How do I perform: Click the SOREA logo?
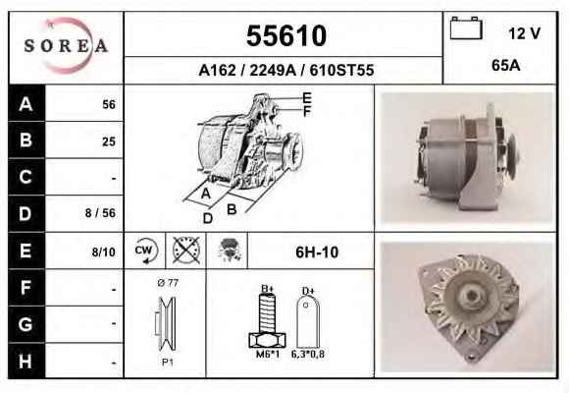(x=66, y=45)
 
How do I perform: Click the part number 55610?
(x=286, y=35)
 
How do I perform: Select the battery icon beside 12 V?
(x=466, y=28)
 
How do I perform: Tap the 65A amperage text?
(x=506, y=66)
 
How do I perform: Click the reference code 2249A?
(x=273, y=70)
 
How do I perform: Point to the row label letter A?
(x=26, y=104)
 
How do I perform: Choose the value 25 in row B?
(x=109, y=141)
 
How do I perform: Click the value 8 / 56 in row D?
(x=100, y=213)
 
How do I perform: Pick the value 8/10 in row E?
(x=103, y=252)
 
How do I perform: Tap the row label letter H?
(x=26, y=361)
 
